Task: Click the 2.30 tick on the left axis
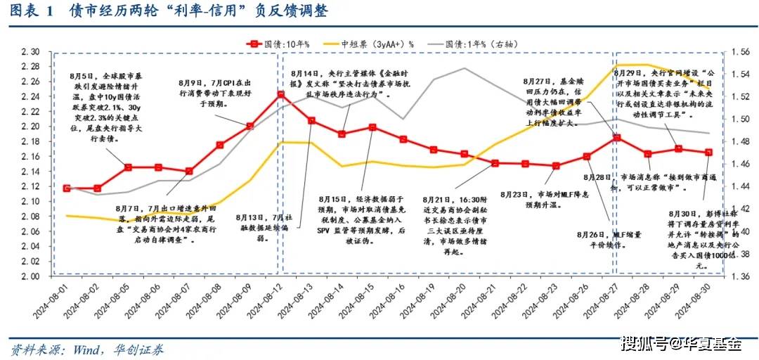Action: click(30, 52)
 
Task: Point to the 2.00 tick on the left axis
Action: click(30, 276)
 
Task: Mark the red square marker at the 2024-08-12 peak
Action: click(280, 94)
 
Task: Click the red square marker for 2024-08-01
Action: click(66, 188)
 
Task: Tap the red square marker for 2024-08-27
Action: click(616, 138)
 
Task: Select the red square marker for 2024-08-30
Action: click(708, 152)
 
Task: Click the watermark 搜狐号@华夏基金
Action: click(682, 344)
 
